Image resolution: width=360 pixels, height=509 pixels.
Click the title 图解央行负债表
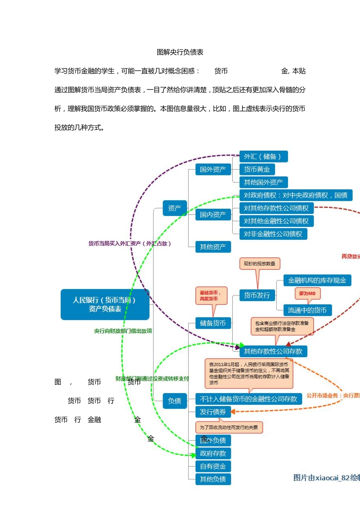tap(180, 52)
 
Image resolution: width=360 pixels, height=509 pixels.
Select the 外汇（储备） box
tap(263, 156)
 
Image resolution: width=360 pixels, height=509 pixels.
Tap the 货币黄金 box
tap(257, 169)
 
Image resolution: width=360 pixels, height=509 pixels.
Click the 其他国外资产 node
tap(263, 182)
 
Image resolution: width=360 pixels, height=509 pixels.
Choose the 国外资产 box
tap(213, 169)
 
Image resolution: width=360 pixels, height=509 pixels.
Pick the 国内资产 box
tap(213, 215)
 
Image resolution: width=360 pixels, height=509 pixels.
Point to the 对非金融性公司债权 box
tap(273, 234)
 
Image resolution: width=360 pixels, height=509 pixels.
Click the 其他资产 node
tap(213, 247)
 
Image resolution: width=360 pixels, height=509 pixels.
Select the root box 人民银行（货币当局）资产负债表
tap(105, 304)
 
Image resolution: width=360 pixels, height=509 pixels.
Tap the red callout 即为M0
tap(307, 294)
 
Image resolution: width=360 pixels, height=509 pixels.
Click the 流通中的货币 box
tap(307, 310)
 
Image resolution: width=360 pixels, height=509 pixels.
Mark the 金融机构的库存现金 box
tap(317, 280)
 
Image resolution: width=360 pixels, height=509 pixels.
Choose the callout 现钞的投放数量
tap(260, 264)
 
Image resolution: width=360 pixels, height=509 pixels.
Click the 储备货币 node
tap(213, 323)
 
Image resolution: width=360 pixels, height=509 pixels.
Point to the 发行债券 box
tap(213, 412)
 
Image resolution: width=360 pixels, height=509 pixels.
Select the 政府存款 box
tap(213, 453)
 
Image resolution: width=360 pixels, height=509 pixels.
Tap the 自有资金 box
tap(213, 466)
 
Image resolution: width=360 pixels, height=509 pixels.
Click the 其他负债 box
tap(213, 479)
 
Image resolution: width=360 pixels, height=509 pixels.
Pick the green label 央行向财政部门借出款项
tap(123, 331)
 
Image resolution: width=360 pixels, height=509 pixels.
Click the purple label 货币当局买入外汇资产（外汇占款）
tap(130, 244)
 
